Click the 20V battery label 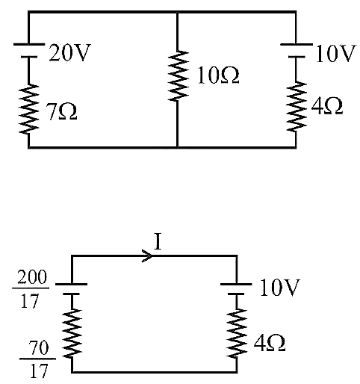click(69, 52)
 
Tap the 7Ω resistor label click(62, 112)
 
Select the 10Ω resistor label click(218, 75)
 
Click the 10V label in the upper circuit click(335, 53)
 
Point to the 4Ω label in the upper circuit click(326, 106)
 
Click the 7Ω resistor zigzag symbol click(29, 109)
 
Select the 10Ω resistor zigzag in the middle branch click(178, 76)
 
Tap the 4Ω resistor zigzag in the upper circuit click(296, 106)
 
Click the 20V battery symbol click(29, 51)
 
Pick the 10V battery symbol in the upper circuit click(297, 51)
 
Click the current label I click(158, 241)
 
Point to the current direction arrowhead click(147, 256)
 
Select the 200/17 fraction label click(31, 289)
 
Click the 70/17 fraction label click(38, 359)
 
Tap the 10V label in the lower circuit click(279, 288)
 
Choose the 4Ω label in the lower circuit click(270, 343)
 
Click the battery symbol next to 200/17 click(72, 289)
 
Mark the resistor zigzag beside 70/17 click(72, 334)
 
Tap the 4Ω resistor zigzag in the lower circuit click(237, 334)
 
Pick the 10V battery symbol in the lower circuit click(236, 289)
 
